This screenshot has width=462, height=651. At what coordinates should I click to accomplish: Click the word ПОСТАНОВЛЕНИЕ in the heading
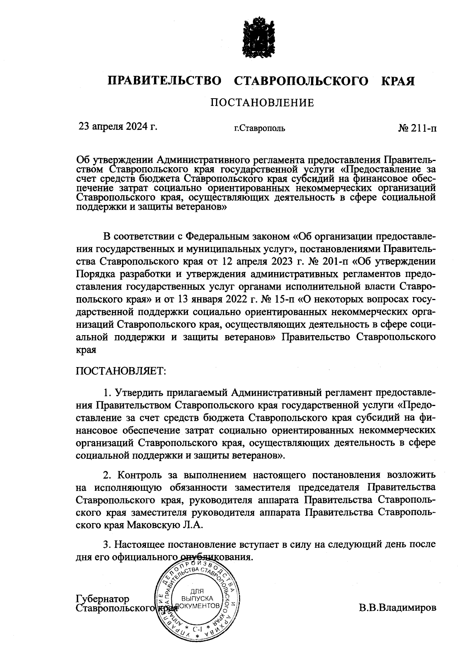[x=262, y=103]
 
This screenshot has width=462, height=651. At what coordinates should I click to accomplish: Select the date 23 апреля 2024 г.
[x=118, y=127]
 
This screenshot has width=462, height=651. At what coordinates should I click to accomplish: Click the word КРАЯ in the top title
[x=398, y=81]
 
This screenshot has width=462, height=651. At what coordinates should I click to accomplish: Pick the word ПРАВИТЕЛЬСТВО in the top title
[x=165, y=81]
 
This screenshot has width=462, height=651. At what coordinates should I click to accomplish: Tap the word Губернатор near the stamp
[x=103, y=599]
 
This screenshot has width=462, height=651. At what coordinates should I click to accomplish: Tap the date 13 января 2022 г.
[x=209, y=299]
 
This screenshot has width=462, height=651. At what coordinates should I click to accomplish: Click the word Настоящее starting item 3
[x=139, y=544]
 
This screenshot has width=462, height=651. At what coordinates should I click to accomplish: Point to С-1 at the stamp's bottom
[x=197, y=629]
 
